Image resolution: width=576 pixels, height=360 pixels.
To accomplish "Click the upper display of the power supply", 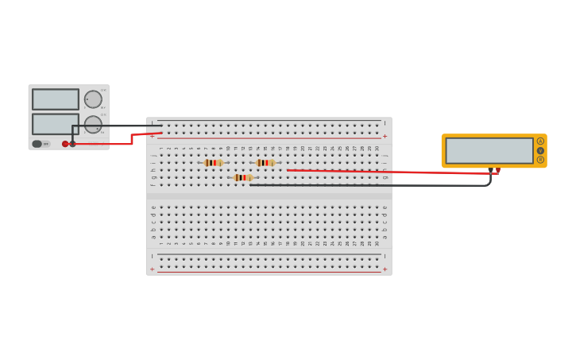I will (x=56, y=99).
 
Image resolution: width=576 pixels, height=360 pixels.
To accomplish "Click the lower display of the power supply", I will (x=56, y=124).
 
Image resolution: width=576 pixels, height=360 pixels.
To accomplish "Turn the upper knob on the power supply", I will (x=93, y=99).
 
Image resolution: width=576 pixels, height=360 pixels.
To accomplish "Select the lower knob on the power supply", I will (x=93, y=125).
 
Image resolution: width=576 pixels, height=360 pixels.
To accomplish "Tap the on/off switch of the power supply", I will (x=37, y=144).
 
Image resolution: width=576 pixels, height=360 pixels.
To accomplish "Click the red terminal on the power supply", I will (x=65, y=144).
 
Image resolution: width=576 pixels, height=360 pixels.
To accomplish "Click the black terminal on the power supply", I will (x=73, y=144).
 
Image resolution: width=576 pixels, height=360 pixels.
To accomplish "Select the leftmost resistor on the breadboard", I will (x=213, y=163).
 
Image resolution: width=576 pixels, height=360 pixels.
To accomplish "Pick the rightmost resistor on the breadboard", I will (x=265, y=163).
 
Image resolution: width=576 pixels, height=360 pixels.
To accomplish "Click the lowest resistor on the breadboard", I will (x=243, y=177).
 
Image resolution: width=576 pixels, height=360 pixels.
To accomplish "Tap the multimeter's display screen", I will (x=489, y=150).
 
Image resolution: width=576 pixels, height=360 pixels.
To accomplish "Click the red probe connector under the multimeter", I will (x=498, y=170).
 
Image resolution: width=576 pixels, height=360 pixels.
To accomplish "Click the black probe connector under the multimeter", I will (x=491, y=169).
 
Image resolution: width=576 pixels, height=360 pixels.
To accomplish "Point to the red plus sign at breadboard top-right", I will (x=385, y=136).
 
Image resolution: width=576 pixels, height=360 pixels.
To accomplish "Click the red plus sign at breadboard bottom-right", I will (x=385, y=269).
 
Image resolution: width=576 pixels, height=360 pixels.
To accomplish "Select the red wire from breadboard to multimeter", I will (x=381, y=171).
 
